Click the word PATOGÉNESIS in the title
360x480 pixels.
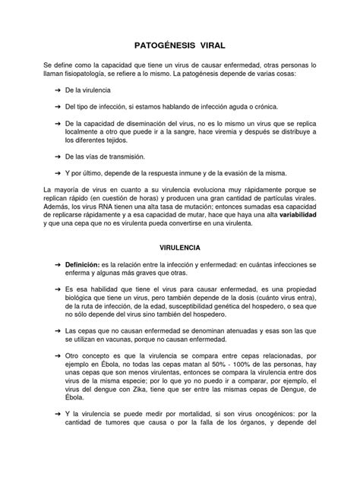(x=159, y=45)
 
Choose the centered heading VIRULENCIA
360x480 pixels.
(x=180, y=248)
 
